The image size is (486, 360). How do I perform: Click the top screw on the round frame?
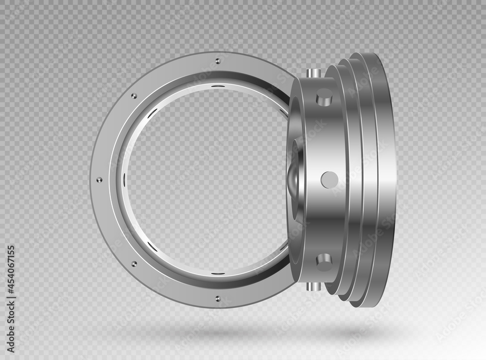[x=216, y=61]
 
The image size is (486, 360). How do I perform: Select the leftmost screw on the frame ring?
[x=100, y=180]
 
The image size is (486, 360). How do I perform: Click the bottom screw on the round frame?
[x=217, y=298]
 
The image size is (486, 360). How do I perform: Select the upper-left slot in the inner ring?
[x=152, y=113]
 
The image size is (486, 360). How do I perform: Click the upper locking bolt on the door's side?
[x=324, y=99]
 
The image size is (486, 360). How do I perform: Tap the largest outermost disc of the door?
[x=384, y=180]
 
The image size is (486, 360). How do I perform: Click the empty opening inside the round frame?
[x=204, y=180]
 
